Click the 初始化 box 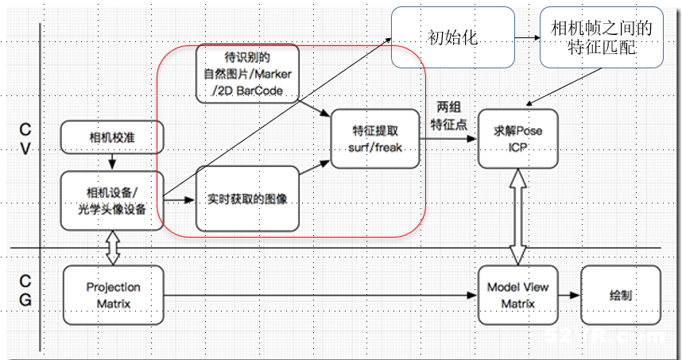tap(452, 37)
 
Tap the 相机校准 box tap(112, 137)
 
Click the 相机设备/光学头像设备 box tap(112, 199)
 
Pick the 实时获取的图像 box tap(246, 199)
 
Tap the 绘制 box tap(621, 294)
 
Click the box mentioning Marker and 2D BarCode tap(246, 74)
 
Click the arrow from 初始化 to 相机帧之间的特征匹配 tap(526, 37)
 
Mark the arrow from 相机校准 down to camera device tap(112, 161)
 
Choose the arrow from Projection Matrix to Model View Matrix tap(318, 295)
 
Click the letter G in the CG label tap(25, 300)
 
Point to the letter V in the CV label tap(25, 149)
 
